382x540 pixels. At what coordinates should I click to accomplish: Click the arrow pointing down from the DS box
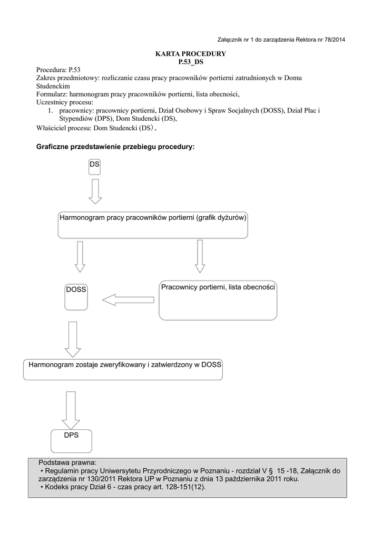coord(95,191)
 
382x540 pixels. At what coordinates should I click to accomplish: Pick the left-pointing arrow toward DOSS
coord(128,300)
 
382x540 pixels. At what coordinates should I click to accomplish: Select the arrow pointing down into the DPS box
coord(71,410)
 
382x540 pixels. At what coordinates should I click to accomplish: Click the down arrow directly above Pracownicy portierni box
coord(200,256)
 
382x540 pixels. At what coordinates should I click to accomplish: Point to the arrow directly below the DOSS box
coord(72,339)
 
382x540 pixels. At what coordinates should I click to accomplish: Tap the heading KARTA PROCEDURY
coord(190,54)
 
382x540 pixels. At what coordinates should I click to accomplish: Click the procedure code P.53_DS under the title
coord(191,62)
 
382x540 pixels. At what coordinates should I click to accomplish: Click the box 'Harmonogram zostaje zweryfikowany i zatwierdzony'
coord(123,369)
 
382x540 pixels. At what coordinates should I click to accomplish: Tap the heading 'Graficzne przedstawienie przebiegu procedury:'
coord(115,147)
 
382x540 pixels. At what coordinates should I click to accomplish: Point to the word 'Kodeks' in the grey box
coord(57,487)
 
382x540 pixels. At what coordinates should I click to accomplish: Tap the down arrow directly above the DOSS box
coord(80,256)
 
